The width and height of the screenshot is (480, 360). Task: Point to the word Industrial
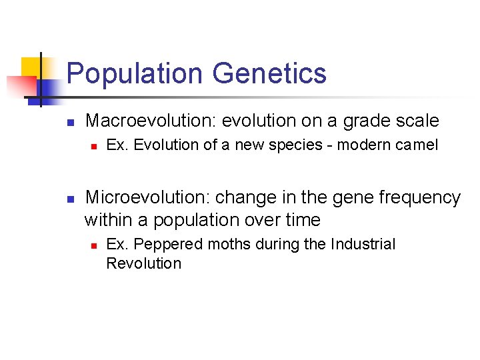pyautogui.click(x=363, y=245)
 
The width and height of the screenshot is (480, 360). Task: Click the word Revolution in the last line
pyautogui.click(x=143, y=263)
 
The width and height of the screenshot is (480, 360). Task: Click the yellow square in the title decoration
pyautogui.click(x=31, y=67)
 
